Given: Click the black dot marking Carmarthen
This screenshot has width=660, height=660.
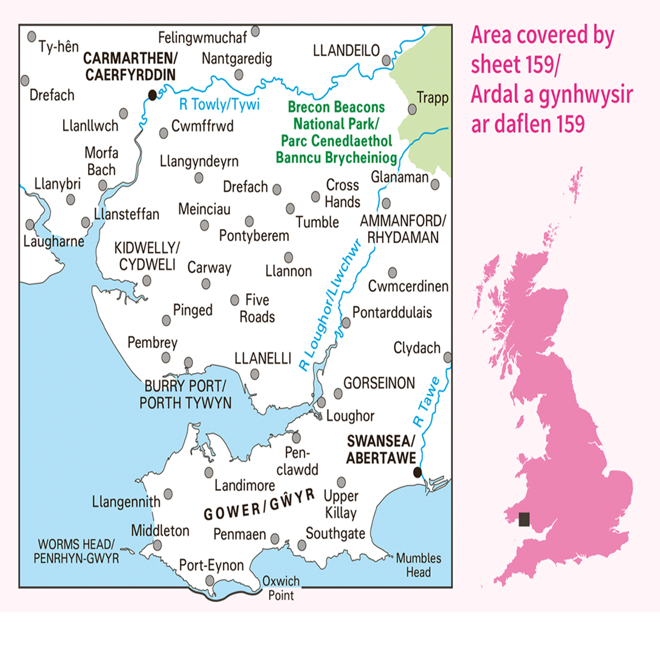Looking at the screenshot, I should pyautogui.click(x=152, y=95).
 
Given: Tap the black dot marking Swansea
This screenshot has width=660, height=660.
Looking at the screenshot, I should pyautogui.click(x=418, y=472).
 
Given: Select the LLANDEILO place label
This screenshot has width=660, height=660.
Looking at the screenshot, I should pyautogui.click(x=346, y=51).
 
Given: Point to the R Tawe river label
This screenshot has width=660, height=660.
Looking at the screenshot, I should pyautogui.click(x=427, y=402).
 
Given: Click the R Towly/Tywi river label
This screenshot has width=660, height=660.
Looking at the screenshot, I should pyautogui.click(x=219, y=105).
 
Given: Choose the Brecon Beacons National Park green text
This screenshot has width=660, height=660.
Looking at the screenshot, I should pyautogui.click(x=336, y=132).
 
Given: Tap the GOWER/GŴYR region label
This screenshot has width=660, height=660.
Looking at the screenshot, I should pyautogui.click(x=259, y=505).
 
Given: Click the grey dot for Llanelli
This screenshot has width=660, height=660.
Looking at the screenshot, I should pyautogui.click(x=255, y=374).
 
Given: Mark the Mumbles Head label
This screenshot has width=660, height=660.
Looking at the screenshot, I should pyautogui.click(x=418, y=565).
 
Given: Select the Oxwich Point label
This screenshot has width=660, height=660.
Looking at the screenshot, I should pyautogui.click(x=281, y=588).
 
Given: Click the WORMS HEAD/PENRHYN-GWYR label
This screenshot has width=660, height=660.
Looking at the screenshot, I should pyautogui.click(x=76, y=551).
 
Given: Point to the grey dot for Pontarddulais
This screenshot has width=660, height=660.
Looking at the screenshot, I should pyautogui.click(x=346, y=323).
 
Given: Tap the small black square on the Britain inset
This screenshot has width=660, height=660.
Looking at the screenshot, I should pyautogui.click(x=524, y=519).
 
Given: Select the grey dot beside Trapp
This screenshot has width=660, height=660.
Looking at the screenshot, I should pyautogui.click(x=412, y=109).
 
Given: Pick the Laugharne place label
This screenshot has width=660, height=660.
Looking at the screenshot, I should pyautogui.click(x=54, y=241).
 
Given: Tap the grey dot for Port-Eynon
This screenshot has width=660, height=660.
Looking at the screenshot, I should pyautogui.click(x=210, y=581).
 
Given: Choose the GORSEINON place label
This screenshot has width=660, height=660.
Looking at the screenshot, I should pyautogui.click(x=379, y=383).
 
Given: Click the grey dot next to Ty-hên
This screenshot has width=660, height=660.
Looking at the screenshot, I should pyautogui.click(x=31, y=37).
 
